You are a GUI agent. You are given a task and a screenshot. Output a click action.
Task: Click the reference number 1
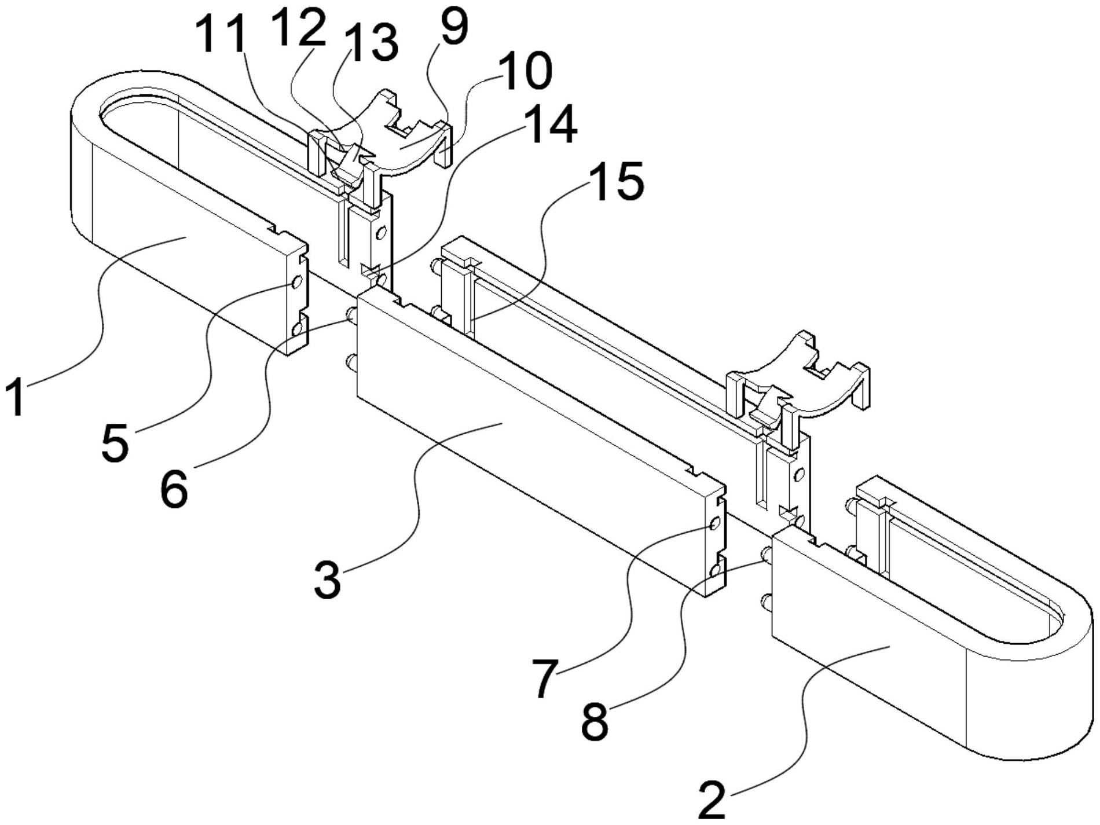tap(16, 396)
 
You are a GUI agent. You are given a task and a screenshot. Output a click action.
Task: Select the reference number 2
tap(712, 800)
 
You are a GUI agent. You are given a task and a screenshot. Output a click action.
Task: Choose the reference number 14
tap(551, 123)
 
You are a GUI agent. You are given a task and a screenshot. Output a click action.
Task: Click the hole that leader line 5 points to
tap(296, 283)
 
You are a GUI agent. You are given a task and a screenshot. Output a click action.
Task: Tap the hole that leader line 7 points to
tap(714, 524)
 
